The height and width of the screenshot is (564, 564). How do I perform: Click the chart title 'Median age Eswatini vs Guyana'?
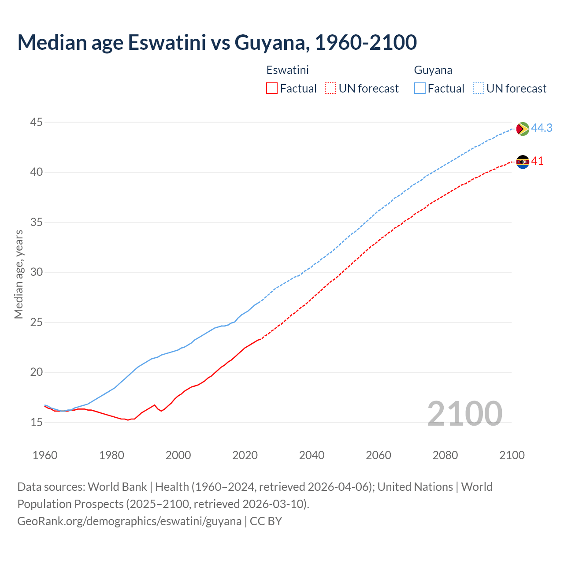click(x=217, y=42)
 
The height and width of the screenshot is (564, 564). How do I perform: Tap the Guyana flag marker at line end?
click(x=523, y=128)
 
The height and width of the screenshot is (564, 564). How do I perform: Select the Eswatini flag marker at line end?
click(x=523, y=162)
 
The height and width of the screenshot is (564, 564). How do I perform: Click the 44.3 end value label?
click(x=542, y=128)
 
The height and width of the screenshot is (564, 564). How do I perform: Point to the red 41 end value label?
click(x=537, y=161)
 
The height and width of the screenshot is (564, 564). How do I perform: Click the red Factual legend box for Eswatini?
click(x=272, y=88)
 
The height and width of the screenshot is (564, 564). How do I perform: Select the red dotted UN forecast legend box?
click(x=330, y=88)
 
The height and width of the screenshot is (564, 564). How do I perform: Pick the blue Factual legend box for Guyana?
click(x=420, y=88)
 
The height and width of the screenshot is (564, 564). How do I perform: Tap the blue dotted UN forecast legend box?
click(x=479, y=88)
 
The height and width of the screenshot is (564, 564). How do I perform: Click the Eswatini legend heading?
click(x=287, y=70)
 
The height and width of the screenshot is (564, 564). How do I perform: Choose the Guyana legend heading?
click(x=433, y=70)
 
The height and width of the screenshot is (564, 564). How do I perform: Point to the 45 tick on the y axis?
click(x=37, y=122)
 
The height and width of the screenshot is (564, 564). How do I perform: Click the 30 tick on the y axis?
click(x=37, y=272)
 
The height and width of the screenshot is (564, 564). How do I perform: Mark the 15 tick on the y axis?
click(x=37, y=422)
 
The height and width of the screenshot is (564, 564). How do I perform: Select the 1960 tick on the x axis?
click(x=45, y=455)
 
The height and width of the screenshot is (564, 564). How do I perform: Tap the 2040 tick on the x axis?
click(x=312, y=455)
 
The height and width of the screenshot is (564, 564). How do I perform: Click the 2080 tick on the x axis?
click(x=445, y=455)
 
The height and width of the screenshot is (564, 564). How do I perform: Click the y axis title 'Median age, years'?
click(x=19, y=274)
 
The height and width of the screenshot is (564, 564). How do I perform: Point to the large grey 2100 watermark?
click(x=464, y=413)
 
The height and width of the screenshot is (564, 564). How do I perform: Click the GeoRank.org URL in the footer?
click(x=129, y=521)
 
